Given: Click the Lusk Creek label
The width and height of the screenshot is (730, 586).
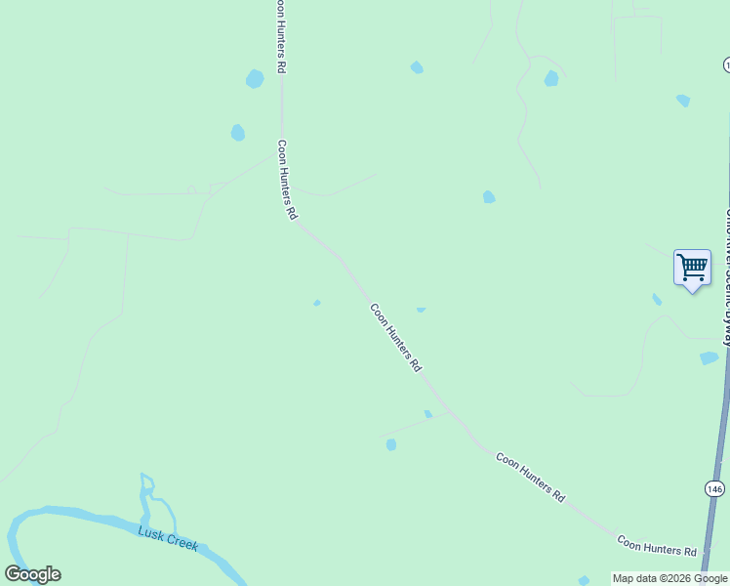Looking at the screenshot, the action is coord(168,538).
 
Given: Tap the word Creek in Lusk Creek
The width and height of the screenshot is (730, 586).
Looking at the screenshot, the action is coord(182,542).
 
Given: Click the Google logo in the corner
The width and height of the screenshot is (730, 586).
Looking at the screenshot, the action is coord(32,574).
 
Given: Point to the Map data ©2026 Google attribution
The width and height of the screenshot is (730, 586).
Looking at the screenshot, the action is coord(670,578).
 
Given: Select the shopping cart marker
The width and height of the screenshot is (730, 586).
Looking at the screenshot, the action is coord(692,268).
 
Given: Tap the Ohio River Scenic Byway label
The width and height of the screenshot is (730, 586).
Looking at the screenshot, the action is coord(726,273).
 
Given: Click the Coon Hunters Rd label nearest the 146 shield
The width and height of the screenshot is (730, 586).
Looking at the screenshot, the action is coord(656,545).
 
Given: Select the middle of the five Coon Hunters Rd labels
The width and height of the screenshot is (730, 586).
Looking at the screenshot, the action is coord(395,337).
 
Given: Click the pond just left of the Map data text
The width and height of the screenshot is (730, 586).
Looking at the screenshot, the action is coord(584,580).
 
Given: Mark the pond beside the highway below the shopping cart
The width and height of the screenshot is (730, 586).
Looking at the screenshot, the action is coord(709,358).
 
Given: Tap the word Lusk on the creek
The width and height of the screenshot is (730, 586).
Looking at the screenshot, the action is coord(151,533).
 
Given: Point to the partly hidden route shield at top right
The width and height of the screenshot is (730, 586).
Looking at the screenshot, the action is coord(727,64).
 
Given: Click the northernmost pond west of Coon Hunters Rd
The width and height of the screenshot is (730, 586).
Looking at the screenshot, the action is coord(255,78).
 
